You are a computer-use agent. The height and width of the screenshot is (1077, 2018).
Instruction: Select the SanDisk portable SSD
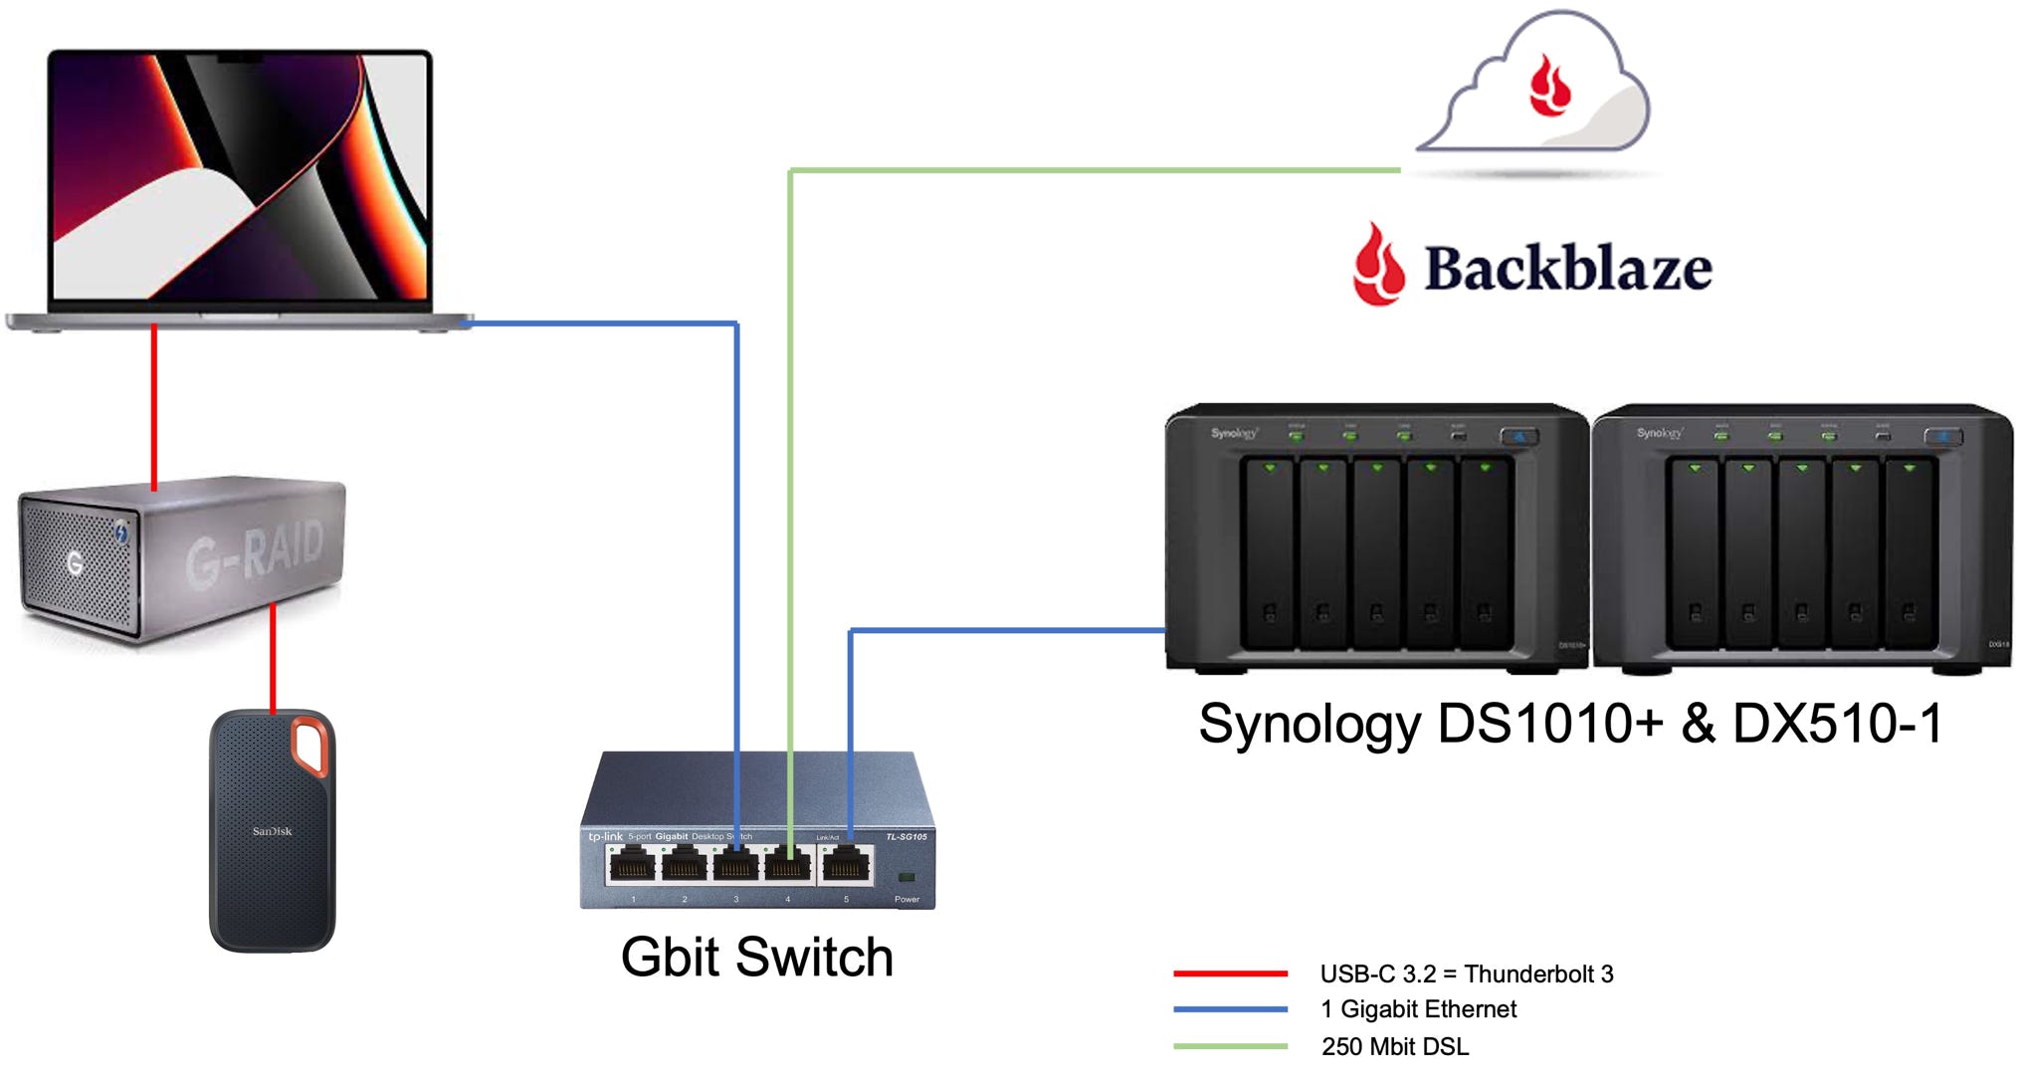(272, 831)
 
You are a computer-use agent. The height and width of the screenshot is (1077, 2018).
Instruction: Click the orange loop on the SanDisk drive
(309, 745)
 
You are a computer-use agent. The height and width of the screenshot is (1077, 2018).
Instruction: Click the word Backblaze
(1567, 269)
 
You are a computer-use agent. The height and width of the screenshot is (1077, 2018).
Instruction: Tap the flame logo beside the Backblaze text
(1378, 265)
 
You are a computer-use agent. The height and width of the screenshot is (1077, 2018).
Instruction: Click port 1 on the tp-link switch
(632, 866)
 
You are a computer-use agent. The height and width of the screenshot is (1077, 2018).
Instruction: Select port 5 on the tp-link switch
(847, 866)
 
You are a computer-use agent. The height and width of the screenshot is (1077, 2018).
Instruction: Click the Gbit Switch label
(756, 957)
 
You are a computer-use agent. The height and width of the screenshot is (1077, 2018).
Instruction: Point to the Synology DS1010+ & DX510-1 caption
(1570, 724)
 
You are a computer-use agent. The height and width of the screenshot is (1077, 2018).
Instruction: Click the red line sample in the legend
(1230, 972)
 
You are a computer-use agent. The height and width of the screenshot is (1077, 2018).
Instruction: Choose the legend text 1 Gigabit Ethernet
(1418, 1009)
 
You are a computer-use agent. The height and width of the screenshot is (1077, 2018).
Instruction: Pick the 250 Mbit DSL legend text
(1394, 1046)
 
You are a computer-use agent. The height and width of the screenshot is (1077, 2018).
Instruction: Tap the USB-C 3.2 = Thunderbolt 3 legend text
(1466, 973)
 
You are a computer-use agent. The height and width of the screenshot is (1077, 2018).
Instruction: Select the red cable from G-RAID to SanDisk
(273, 657)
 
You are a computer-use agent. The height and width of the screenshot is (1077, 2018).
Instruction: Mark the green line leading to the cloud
(1095, 170)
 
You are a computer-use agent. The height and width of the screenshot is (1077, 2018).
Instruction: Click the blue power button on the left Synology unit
(1518, 436)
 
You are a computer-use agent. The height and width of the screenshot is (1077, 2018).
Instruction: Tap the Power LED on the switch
(906, 877)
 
